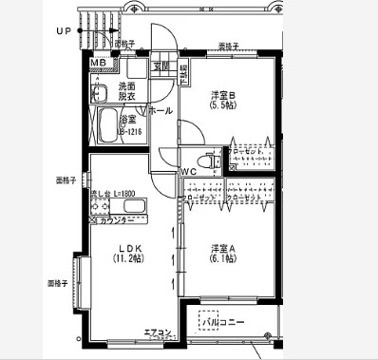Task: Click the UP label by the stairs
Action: pyautogui.click(x=64, y=30)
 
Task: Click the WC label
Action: pyautogui.click(x=189, y=171)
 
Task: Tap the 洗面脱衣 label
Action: pyautogui.click(x=126, y=90)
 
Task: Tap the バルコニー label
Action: pyautogui.click(x=224, y=322)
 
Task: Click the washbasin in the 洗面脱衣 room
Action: pyautogui.click(x=99, y=92)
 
